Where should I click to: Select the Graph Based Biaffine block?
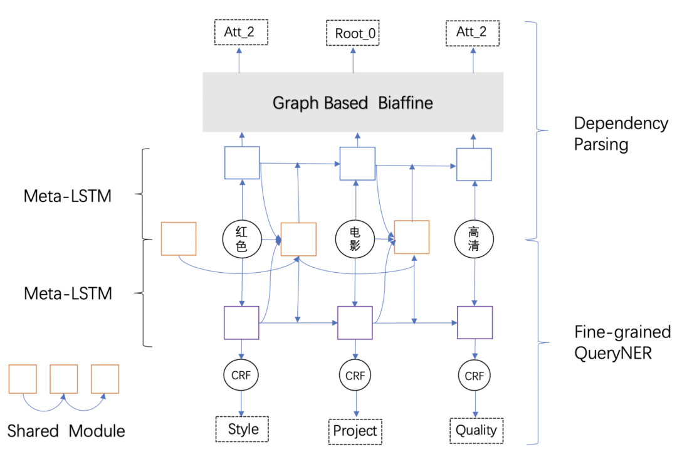click(x=353, y=102)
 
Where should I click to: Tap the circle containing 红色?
click(x=241, y=239)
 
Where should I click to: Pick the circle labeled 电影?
click(x=355, y=239)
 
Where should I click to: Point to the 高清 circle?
click(x=474, y=239)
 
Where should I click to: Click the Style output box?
click(x=243, y=430)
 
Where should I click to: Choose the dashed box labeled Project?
click(x=355, y=431)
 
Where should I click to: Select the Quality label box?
click(x=476, y=430)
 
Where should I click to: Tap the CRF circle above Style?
click(x=241, y=376)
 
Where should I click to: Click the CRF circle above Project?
click(x=355, y=376)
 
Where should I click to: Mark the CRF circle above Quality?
click(x=474, y=376)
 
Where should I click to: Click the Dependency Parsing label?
click(x=621, y=134)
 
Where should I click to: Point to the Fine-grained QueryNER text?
click(x=622, y=342)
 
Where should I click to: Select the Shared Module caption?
click(x=66, y=431)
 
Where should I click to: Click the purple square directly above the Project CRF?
click(x=355, y=323)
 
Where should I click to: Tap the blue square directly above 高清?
click(x=474, y=165)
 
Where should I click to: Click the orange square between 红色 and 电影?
click(x=298, y=238)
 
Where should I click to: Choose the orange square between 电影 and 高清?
click(x=412, y=236)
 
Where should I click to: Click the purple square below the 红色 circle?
click(x=241, y=323)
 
